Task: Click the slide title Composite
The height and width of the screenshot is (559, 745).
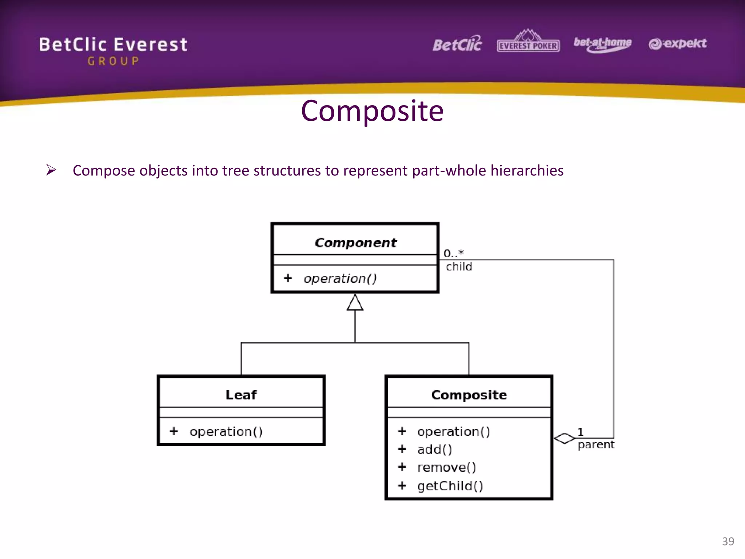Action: (x=372, y=111)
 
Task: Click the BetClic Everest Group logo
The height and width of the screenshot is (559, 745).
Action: (x=113, y=50)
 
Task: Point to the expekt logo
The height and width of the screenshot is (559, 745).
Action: (x=677, y=44)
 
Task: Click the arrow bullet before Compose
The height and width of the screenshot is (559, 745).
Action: (x=51, y=170)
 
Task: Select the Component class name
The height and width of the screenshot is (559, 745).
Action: (x=355, y=243)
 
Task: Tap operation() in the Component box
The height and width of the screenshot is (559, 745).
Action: (x=340, y=278)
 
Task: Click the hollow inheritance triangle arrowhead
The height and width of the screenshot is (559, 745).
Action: (x=355, y=303)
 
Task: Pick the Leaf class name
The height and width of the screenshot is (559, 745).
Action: (x=241, y=395)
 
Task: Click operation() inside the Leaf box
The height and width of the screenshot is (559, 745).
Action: (x=226, y=432)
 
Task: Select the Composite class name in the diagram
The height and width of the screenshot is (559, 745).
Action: (x=469, y=395)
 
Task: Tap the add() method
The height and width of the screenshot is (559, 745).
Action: (x=434, y=449)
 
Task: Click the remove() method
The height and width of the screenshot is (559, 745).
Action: (x=446, y=467)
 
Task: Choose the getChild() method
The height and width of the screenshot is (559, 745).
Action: (x=450, y=486)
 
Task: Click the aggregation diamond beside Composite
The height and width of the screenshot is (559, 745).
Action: (x=564, y=438)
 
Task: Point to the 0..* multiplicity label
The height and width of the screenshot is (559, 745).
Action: (x=454, y=253)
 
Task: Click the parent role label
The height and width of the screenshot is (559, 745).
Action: (x=596, y=445)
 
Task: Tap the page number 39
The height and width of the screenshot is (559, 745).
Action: (x=728, y=541)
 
